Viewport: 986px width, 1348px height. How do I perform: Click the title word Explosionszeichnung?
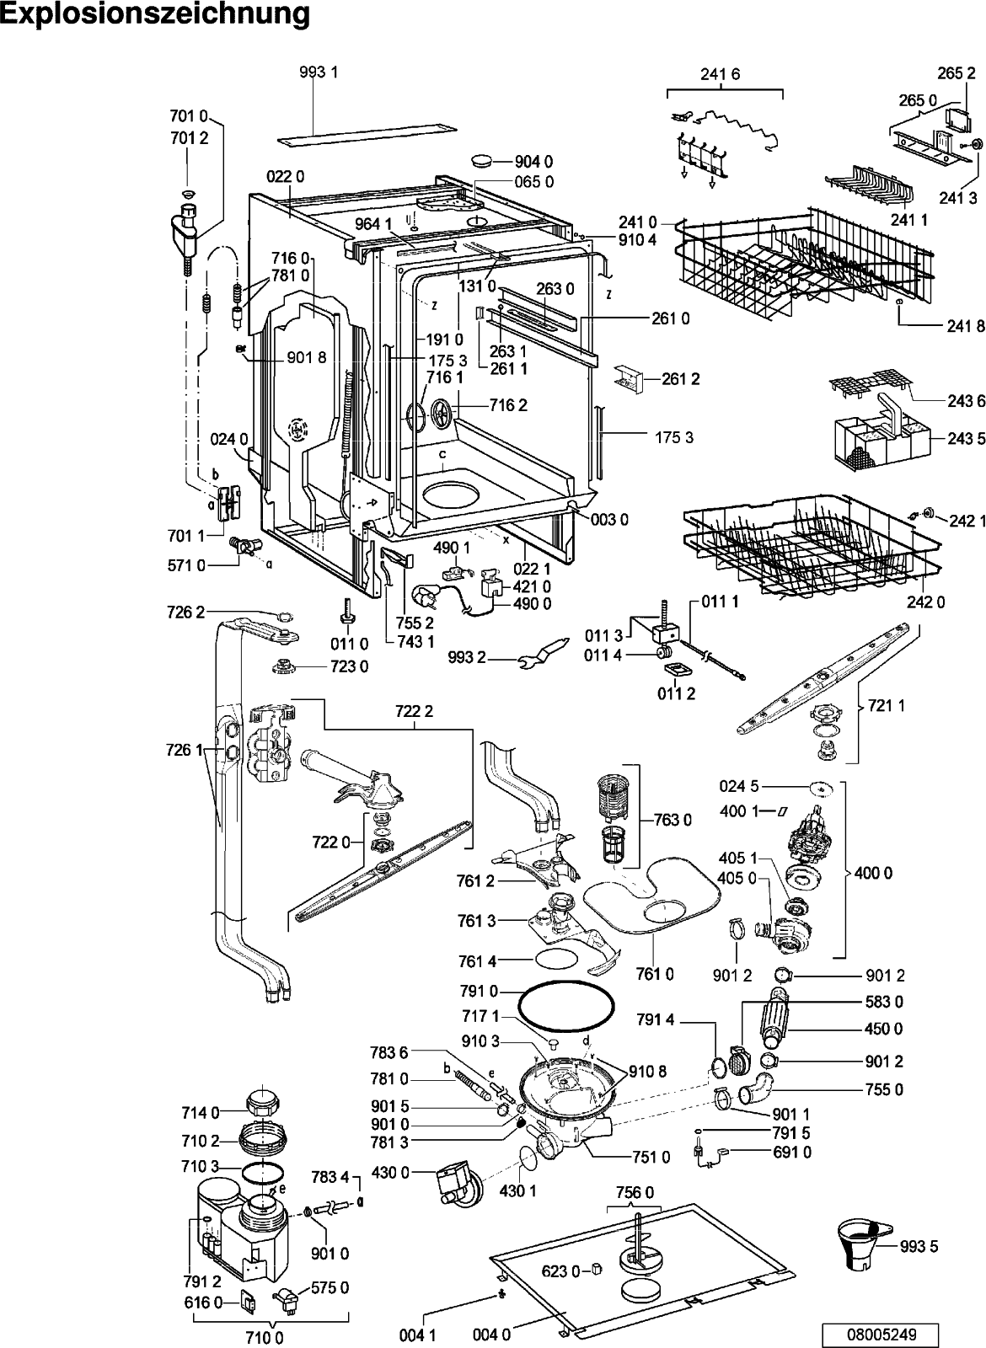pyautogui.click(x=155, y=14)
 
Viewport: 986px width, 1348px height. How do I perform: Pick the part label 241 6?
pyautogui.click(x=720, y=74)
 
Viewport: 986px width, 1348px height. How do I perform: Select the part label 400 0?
pyautogui.click(x=873, y=873)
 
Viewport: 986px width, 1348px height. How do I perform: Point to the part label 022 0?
pyautogui.click(x=286, y=176)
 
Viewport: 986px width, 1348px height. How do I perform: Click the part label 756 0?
pyautogui.click(x=635, y=1192)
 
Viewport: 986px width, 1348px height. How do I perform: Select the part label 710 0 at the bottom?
pyautogui.click(x=264, y=1338)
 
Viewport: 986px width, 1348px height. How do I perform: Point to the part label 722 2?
pyautogui.click(x=414, y=711)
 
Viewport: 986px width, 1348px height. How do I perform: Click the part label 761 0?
pyautogui.click(x=655, y=973)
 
